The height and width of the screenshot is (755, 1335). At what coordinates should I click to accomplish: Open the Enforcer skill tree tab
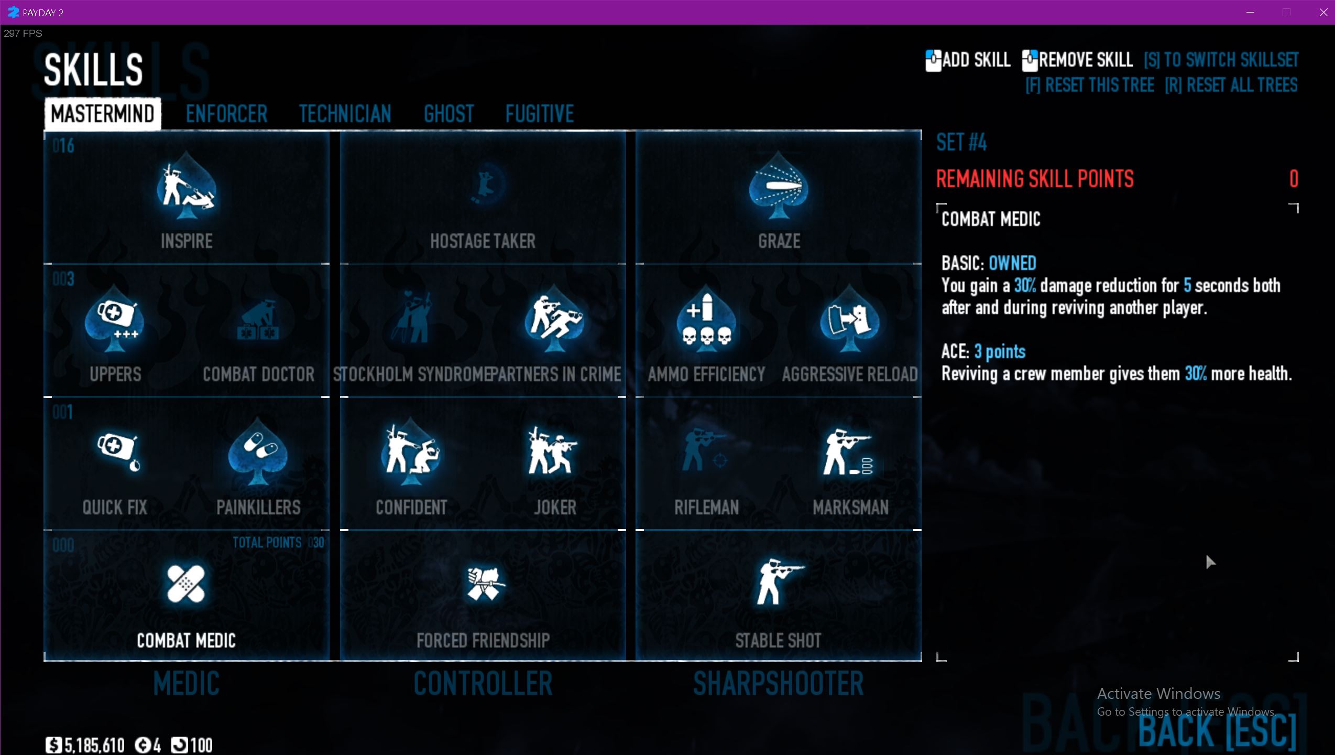click(x=226, y=114)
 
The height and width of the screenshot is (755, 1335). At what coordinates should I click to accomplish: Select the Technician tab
click(x=345, y=114)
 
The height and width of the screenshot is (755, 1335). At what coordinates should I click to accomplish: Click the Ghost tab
click(x=448, y=114)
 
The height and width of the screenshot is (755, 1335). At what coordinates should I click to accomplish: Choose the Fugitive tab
click(x=539, y=114)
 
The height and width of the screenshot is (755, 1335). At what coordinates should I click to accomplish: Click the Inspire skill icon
click(x=186, y=186)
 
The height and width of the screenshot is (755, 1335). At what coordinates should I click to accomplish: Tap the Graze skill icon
click(x=779, y=186)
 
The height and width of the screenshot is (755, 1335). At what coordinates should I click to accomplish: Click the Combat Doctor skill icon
click(x=258, y=320)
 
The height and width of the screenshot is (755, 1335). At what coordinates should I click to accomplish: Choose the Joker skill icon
click(x=554, y=451)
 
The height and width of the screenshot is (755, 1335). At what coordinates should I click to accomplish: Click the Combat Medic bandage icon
click(x=186, y=584)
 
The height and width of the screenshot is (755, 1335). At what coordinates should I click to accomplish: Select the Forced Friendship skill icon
click(x=483, y=584)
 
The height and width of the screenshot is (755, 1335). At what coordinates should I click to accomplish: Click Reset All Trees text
click(x=1231, y=85)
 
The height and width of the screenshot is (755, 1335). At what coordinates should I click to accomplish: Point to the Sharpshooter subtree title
click(x=778, y=684)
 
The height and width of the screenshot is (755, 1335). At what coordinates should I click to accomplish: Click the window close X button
click(x=1323, y=13)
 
